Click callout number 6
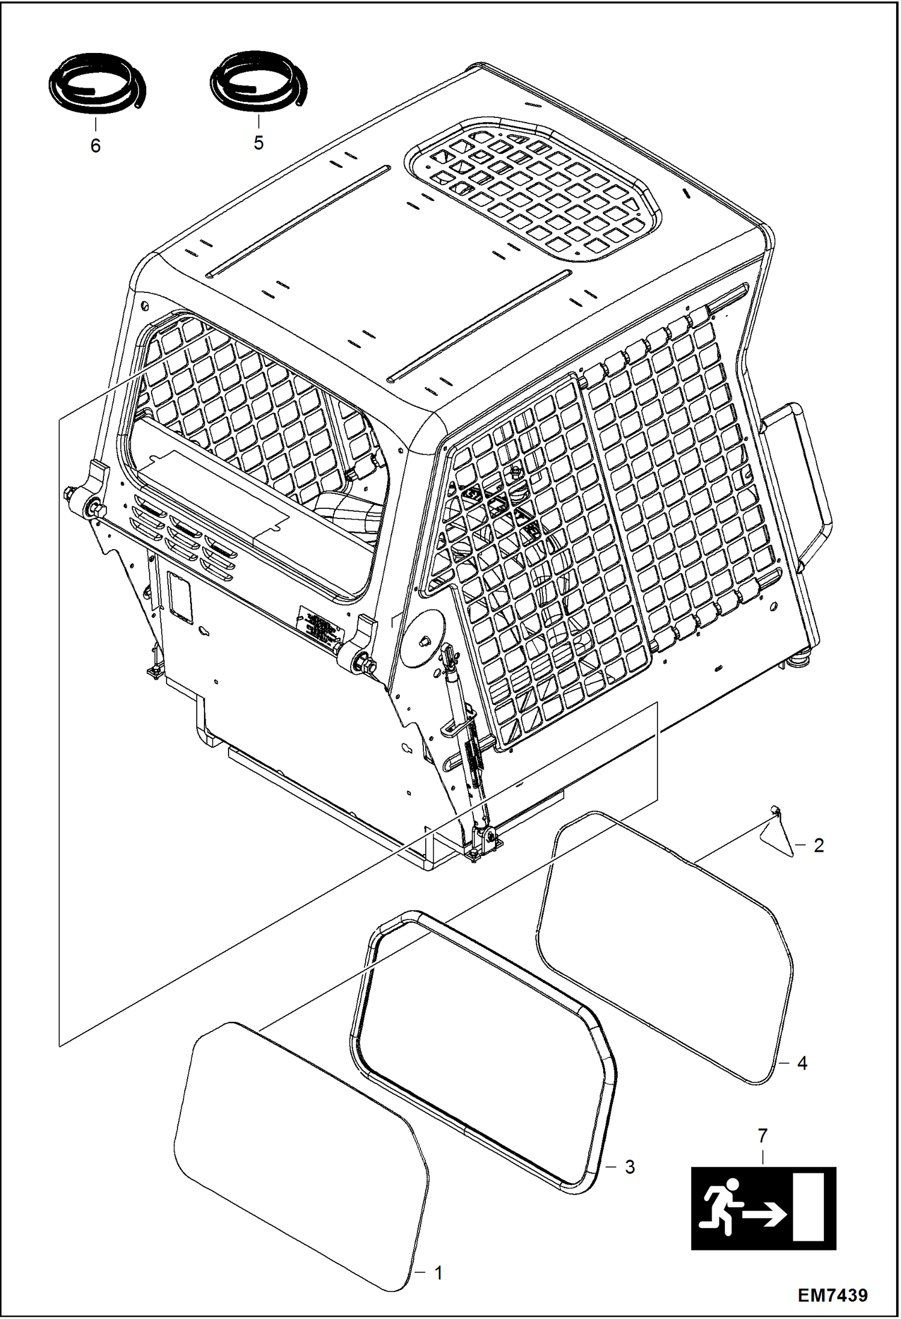(x=96, y=146)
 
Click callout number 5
(x=259, y=143)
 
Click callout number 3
(x=629, y=1167)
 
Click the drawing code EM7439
(x=832, y=1294)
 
